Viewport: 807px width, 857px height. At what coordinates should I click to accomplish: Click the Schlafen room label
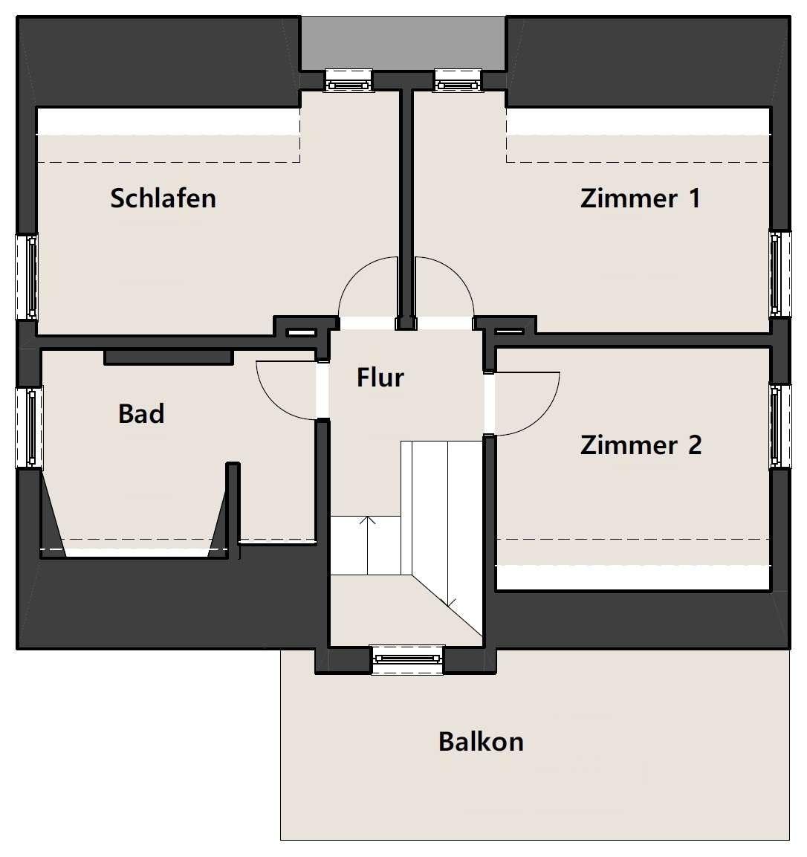[x=163, y=198]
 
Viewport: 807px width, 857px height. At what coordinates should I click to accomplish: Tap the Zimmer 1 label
[x=640, y=198]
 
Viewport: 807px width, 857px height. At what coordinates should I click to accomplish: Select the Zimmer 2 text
[x=641, y=445]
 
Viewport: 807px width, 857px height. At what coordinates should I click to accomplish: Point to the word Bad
[x=141, y=414]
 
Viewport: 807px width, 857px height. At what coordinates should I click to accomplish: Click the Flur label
[x=380, y=377]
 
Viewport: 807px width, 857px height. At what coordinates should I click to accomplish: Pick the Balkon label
[x=481, y=742]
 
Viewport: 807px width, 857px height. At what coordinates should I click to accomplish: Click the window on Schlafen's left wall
[x=26, y=276]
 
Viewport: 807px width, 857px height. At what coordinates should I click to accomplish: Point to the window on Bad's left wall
[x=29, y=427]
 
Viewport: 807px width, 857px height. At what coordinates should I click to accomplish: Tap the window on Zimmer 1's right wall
[x=780, y=274]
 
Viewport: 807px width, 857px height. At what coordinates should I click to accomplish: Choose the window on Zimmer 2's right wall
[x=780, y=427]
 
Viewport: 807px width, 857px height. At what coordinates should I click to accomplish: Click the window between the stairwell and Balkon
[x=407, y=660]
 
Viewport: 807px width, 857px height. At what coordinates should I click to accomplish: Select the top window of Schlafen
[x=349, y=80]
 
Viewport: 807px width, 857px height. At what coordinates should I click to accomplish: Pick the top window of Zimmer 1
[x=458, y=80]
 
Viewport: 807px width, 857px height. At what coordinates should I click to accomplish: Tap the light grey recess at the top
[x=403, y=42]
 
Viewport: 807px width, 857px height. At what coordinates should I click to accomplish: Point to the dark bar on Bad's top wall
[x=169, y=357]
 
